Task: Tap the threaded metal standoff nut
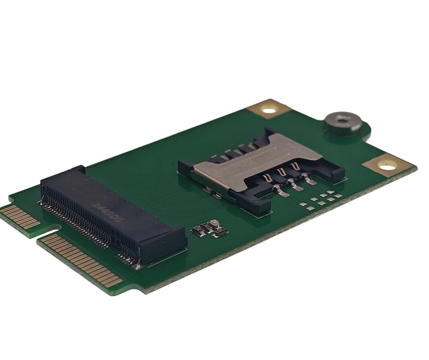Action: [343, 122]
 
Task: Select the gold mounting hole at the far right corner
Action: [387, 165]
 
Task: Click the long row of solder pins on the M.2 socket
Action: [75, 221]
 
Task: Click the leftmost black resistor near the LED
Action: [198, 230]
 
